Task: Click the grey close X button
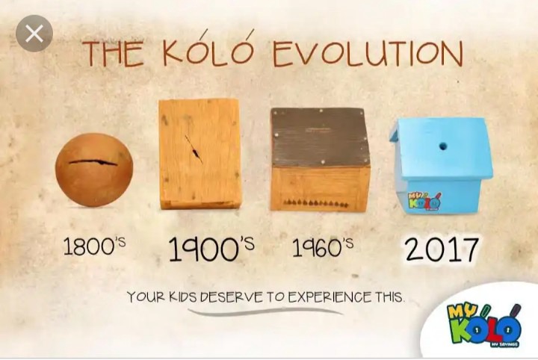point(34,34)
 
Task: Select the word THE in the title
point(113,55)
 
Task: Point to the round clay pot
point(94,170)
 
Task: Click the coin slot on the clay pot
point(93,162)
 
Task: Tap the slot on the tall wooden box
point(194,149)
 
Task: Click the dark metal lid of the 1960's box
point(319,137)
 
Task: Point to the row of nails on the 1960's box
point(315,203)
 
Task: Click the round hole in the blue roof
point(443,146)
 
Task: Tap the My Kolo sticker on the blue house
point(424,201)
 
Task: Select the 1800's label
point(94,246)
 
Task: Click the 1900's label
point(211,249)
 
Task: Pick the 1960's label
point(323,248)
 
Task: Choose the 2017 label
point(442,249)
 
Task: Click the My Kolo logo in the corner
point(483,326)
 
